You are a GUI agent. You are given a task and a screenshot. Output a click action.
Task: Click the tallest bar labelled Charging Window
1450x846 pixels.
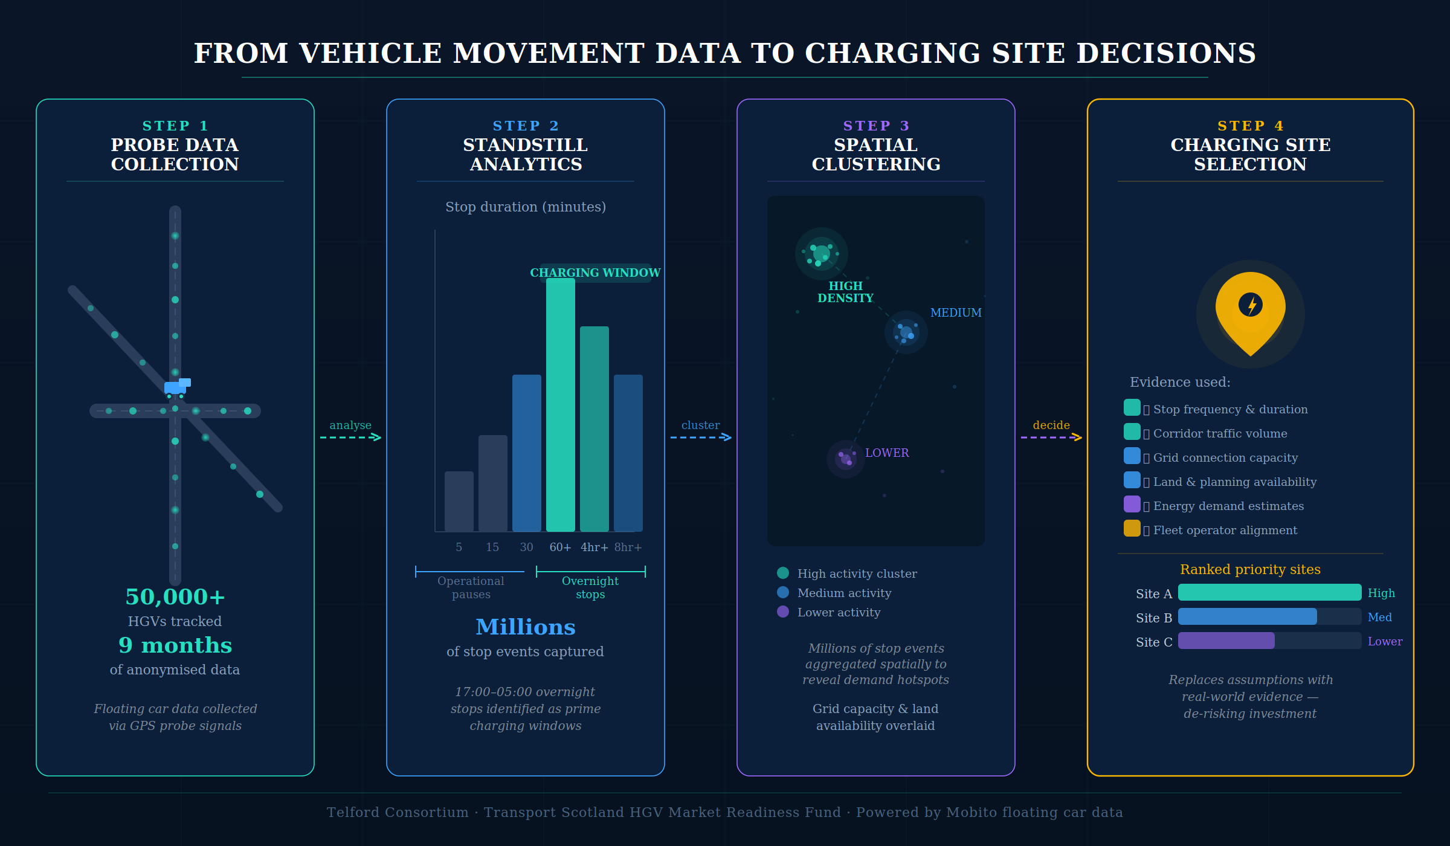(560, 405)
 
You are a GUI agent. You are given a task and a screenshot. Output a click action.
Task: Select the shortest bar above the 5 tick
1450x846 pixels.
(459, 502)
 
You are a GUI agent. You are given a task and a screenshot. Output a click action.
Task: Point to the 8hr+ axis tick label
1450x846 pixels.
(628, 547)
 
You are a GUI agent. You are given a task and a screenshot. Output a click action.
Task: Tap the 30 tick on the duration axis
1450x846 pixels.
(526, 547)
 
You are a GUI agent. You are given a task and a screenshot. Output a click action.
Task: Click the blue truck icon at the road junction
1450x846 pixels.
(176, 387)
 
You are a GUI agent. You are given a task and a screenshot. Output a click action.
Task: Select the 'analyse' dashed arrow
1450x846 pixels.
(350, 437)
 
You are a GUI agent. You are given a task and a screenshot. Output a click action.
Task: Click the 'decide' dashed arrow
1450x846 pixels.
(1051, 437)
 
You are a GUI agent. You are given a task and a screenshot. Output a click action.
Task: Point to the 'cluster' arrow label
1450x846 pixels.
(700, 425)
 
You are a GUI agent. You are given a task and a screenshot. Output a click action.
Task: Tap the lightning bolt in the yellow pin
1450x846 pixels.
(1251, 305)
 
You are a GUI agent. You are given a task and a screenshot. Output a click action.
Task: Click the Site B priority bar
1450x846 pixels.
(1247, 617)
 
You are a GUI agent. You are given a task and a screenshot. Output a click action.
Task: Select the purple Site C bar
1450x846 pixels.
(1226, 641)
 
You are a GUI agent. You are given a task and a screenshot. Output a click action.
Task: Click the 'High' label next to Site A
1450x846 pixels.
(1381, 593)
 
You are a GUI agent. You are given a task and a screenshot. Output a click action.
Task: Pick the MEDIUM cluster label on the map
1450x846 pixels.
(955, 313)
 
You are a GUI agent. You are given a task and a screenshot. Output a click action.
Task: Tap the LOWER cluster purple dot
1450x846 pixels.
(845, 459)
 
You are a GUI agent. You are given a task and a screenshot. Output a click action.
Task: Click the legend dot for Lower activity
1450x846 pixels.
(783, 612)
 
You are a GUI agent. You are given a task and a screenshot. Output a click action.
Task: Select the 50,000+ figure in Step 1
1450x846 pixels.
(175, 597)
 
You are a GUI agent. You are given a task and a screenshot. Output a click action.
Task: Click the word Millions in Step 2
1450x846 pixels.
(525, 627)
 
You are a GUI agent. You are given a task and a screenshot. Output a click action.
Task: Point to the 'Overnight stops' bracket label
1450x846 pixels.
(590, 587)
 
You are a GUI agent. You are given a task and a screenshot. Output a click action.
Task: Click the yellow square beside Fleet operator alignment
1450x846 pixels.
(1132, 529)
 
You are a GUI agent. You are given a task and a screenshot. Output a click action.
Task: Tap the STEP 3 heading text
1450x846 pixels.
(875, 126)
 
